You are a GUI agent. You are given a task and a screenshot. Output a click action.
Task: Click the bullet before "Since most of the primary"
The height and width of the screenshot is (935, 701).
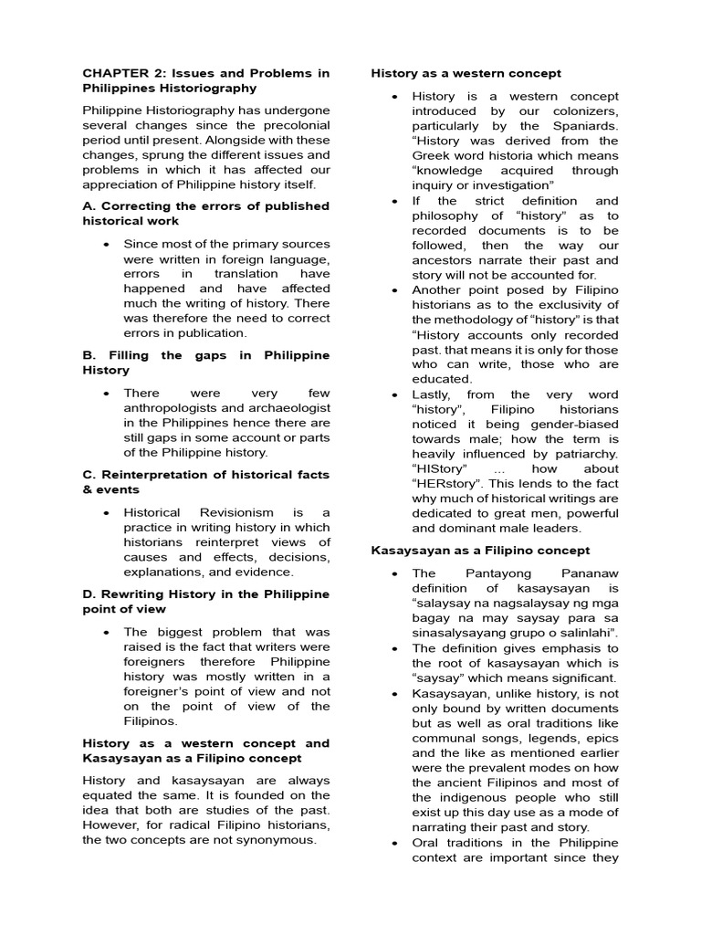pos(107,245)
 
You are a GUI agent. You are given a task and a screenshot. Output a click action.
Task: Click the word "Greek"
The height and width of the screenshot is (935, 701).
pos(434,155)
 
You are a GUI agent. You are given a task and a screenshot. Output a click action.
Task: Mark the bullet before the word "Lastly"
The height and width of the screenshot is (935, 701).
pos(393,394)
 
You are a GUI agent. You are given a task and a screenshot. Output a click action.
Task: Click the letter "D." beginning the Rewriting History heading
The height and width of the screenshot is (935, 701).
pos(89,594)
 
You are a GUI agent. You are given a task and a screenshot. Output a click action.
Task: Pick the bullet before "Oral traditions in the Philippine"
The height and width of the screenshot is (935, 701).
pos(393,842)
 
